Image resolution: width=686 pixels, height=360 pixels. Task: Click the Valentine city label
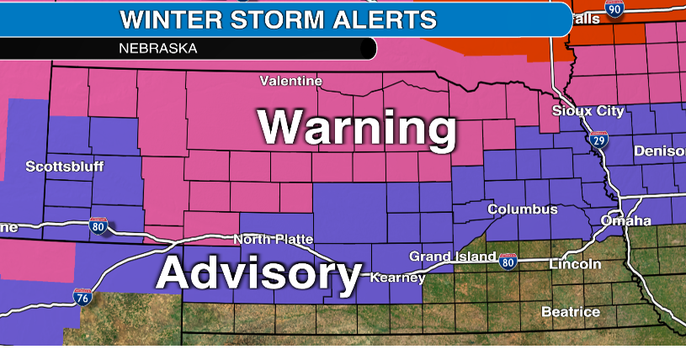[290, 82]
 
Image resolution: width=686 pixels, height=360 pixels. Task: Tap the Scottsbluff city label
[65, 167]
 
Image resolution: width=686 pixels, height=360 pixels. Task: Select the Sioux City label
[588, 111]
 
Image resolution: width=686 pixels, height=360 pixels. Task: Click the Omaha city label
[625, 221]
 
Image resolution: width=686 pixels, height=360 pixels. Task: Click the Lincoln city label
[575, 264]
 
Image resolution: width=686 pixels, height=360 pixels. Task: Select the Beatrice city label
[571, 312]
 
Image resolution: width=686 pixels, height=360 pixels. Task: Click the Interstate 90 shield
[614, 9]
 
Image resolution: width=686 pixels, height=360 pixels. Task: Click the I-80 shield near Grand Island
[507, 262]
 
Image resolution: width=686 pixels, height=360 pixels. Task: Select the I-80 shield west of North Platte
[98, 226]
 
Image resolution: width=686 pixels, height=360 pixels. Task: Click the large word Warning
[357, 129]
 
